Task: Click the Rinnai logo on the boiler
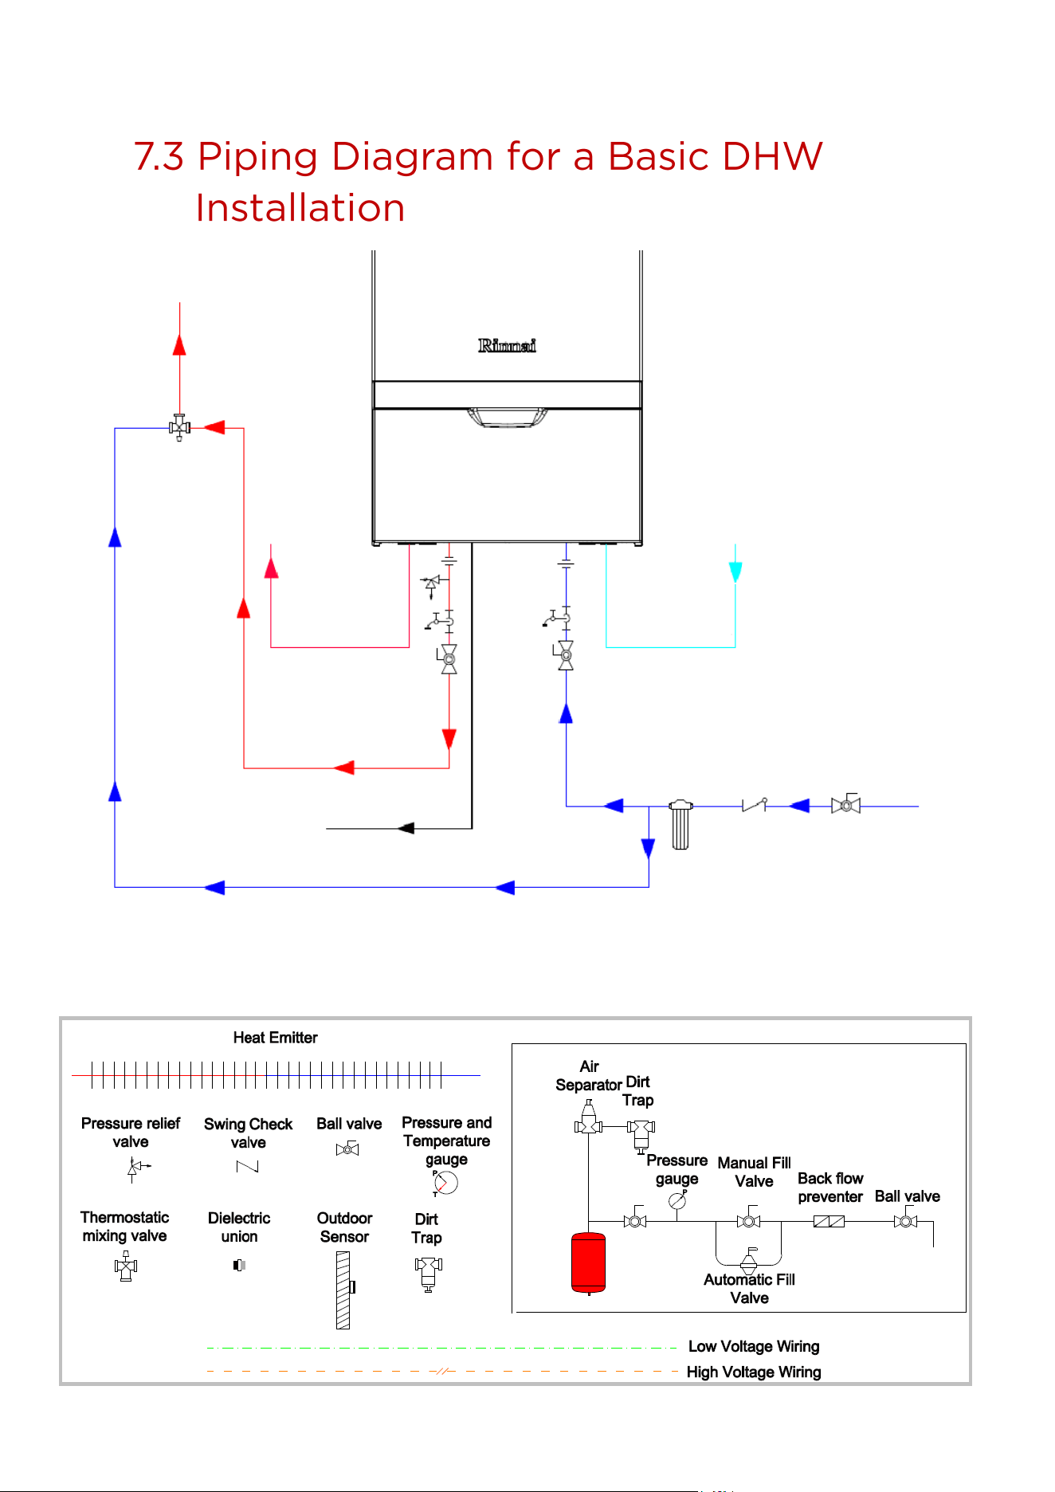coord(507,345)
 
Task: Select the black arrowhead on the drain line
coord(406,828)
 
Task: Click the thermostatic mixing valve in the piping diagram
coord(179,428)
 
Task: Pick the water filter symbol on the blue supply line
coord(680,824)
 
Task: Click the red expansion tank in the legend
coord(588,1262)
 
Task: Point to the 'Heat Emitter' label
coord(275,1038)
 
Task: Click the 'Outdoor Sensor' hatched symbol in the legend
coord(344,1290)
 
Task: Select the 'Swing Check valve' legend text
coord(248,1133)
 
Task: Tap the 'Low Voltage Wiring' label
coord(754,1346)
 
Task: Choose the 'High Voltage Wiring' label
coord(754,1372)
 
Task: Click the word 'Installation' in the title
coord(300,208)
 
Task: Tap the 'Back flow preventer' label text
coord(830,1188)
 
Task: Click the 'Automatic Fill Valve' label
coord(749,1289)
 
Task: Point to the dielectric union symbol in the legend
coord(239,1265)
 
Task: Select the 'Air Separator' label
coord(589,1075)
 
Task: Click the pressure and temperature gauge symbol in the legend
coord(445,1183)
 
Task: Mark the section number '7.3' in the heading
coord(159,156)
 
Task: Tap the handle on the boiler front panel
coord(508,418)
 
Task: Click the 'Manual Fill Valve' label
coord(754,1172)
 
